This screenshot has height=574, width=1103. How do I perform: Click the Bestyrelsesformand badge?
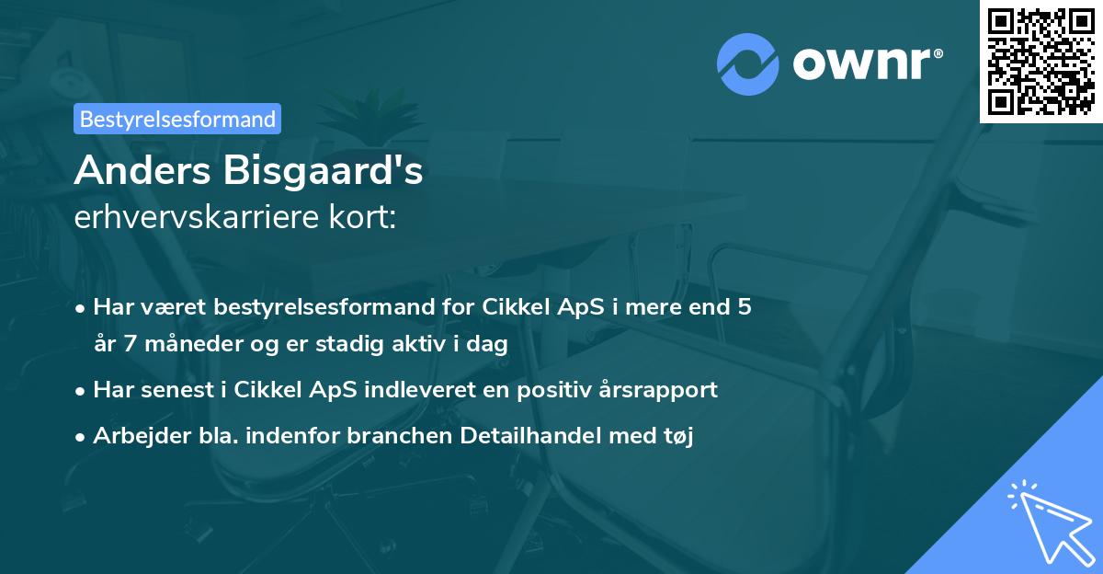click(x=177, y=119)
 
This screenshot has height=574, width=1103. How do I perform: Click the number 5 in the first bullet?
click(x=744, y=307)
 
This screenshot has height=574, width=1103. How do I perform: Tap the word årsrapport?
click(x=661, y=389)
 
